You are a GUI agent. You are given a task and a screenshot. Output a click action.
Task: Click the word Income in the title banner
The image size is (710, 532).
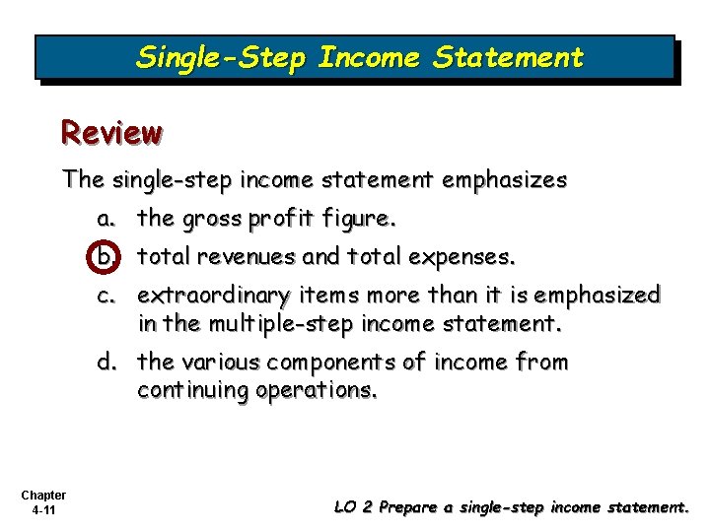tap(369, 58)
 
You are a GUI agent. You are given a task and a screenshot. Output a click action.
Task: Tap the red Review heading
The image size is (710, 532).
tap(111, 131)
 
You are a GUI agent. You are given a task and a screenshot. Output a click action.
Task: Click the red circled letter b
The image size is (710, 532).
tap(106, 257)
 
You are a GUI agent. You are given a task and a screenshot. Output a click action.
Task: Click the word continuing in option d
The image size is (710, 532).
tap(192, 390)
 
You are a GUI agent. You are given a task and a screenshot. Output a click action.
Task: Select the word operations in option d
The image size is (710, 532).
tap(316, 390)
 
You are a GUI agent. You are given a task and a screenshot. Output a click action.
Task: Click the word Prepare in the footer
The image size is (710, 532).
tap(406, 507)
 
